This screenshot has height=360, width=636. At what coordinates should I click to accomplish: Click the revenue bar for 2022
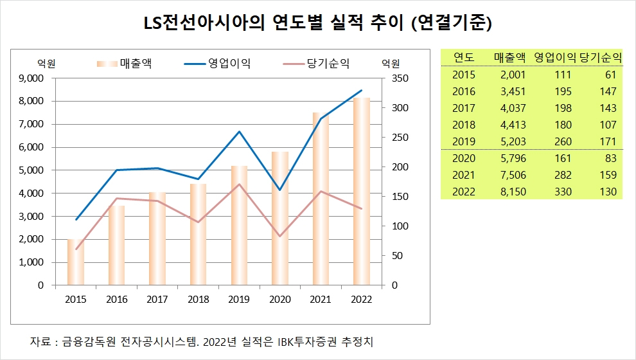tap(362, 193)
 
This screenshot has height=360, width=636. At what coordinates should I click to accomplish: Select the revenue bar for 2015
tap(76, 262)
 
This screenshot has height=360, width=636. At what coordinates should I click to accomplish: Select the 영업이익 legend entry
tap(218, 63)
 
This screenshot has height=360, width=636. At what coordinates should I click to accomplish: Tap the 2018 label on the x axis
tap(198, 299)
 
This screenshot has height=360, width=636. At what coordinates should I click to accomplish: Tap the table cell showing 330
tap(563, 192)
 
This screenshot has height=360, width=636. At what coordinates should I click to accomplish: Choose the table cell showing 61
tap(610, 75)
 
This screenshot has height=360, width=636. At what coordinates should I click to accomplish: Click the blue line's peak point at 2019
tap(239, 132)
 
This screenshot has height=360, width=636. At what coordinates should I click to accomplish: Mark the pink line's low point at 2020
tap(280, 236)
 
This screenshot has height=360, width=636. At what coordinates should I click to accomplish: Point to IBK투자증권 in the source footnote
tap(292, 341)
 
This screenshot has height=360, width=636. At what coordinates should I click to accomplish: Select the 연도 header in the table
tap(463, 57)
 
